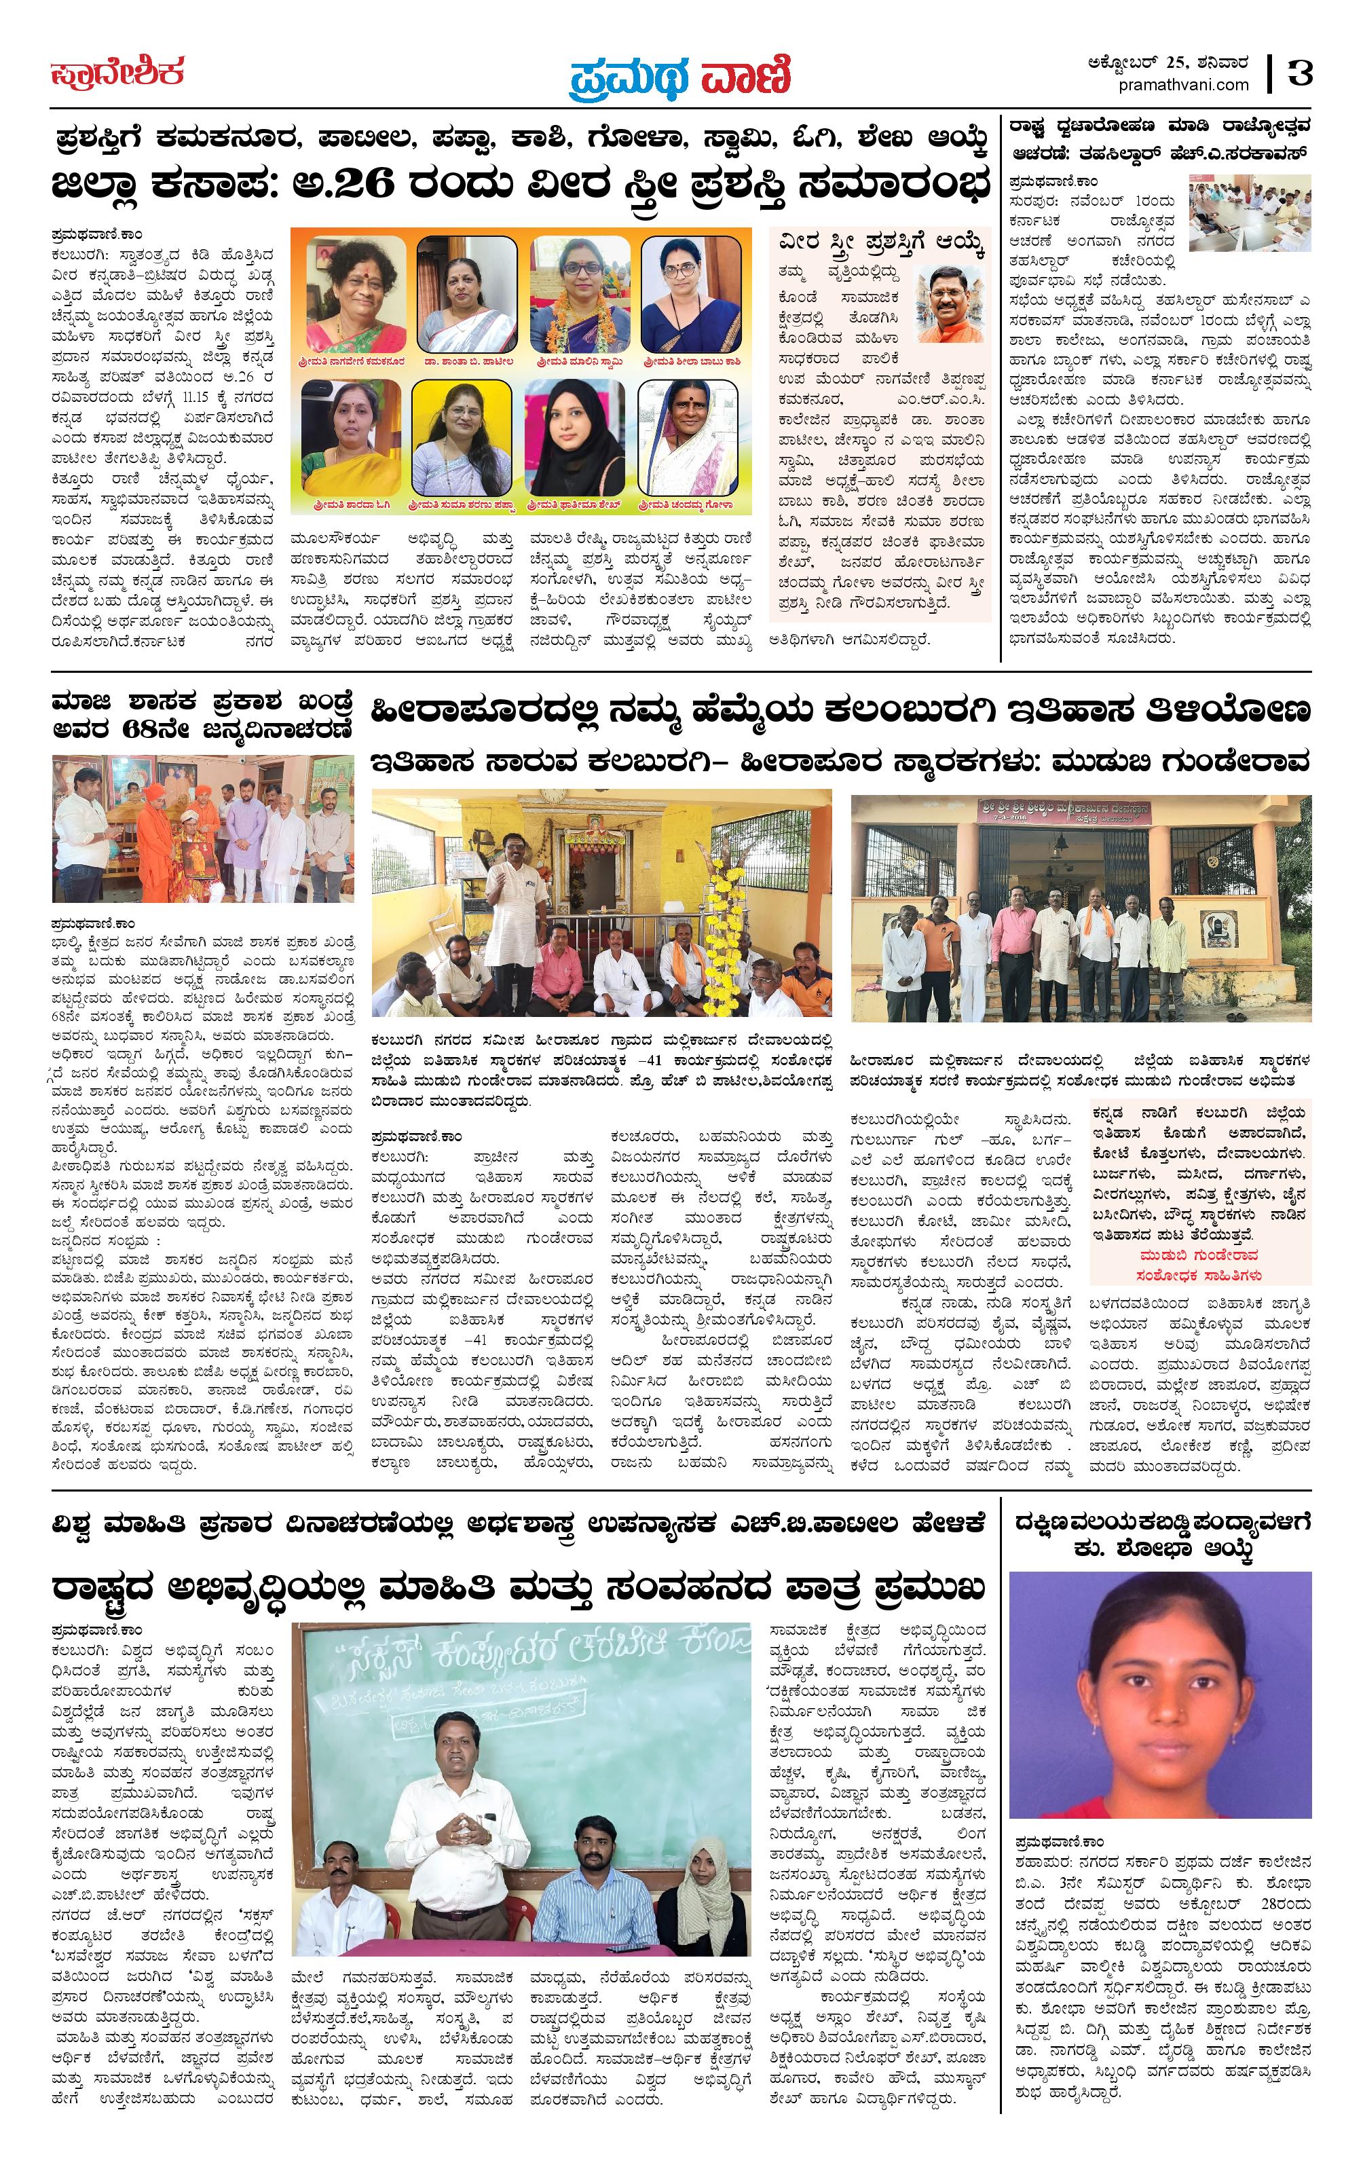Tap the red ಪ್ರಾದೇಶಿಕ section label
click(117, 72)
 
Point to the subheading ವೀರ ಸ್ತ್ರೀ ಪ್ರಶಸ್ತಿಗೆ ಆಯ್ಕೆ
click(882, 243)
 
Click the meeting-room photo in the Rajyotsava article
click(1249, 213)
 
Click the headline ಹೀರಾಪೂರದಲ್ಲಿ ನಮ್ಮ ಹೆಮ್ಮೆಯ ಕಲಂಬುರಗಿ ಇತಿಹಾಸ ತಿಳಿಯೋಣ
click(840, 709)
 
